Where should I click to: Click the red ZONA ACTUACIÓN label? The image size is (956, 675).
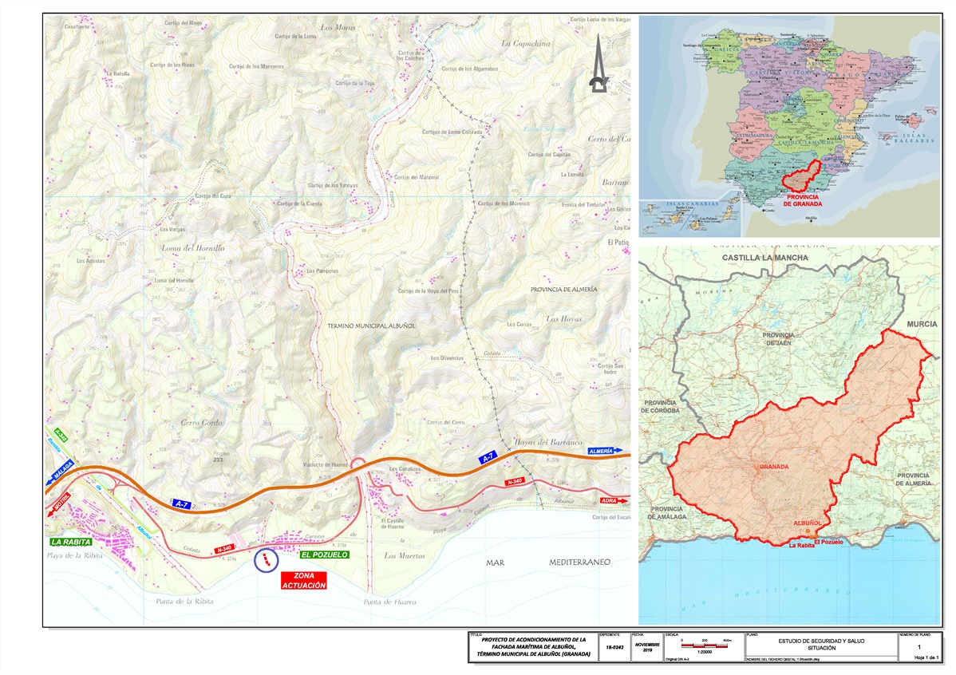pyautogui.click(x=304, y=580)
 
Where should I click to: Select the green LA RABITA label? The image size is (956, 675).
pyautogui.click(x=71, y=542)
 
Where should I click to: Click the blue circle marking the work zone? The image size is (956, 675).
pyautogui.click(x=266, y=560)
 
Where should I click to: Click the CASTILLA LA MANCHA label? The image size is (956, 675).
pyautogui.click(x=764, y=259)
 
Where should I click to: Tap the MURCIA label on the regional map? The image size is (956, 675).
pyautogui.click(x=922, y=326)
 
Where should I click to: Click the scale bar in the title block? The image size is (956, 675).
pyautogui.click(x=704, y=645)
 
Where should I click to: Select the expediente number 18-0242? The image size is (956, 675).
pyautogui.click(x=614, y=649)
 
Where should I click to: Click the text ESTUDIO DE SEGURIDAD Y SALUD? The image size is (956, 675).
pyautogui.click(x=820, y=640)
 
